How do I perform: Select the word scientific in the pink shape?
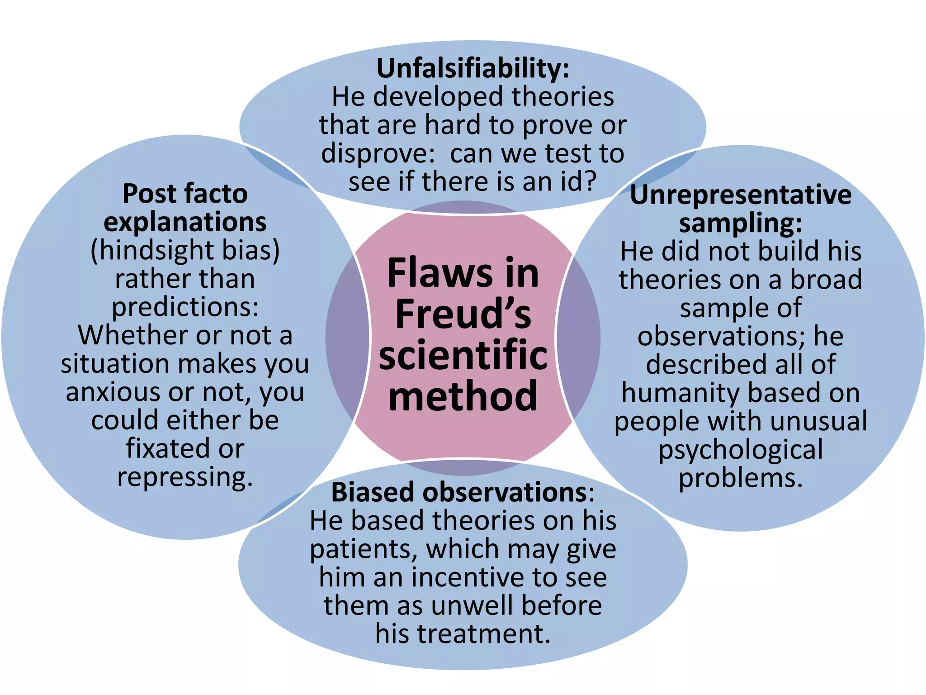coord(463,355)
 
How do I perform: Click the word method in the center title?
coord(463,395)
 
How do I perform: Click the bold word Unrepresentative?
coord(740,195)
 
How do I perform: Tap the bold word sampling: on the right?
coord(740,223)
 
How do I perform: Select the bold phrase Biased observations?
coord(459,492)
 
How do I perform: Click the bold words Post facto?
coord(185,194)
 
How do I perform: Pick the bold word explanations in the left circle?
coord(185,222)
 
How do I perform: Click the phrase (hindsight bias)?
coord(185,250)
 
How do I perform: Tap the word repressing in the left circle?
coord(185,477)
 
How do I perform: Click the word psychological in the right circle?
coord(740,450)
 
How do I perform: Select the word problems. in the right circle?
coord(740,478)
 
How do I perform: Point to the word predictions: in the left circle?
coord(185,307)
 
